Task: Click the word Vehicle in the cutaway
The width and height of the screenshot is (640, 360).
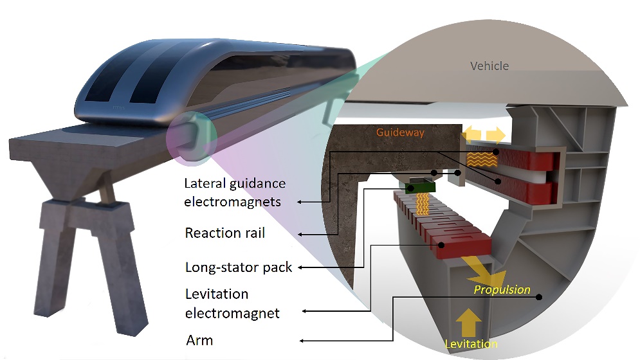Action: click(489, 66)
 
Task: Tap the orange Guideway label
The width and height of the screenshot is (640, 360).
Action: click(401, 132)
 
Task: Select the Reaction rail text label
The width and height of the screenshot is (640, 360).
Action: click(224, 232)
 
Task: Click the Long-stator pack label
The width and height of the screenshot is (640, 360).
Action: click(239, 267)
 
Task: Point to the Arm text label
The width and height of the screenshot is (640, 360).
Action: click(199, 339)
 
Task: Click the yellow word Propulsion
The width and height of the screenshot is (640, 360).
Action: click(502, 289)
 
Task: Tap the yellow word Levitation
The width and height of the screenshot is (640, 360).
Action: click(471, 344)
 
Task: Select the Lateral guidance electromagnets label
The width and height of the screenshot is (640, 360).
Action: click(234, 192)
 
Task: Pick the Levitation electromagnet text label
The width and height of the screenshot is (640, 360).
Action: click(232, 303)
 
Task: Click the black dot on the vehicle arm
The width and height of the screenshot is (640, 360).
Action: click(539, 297)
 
